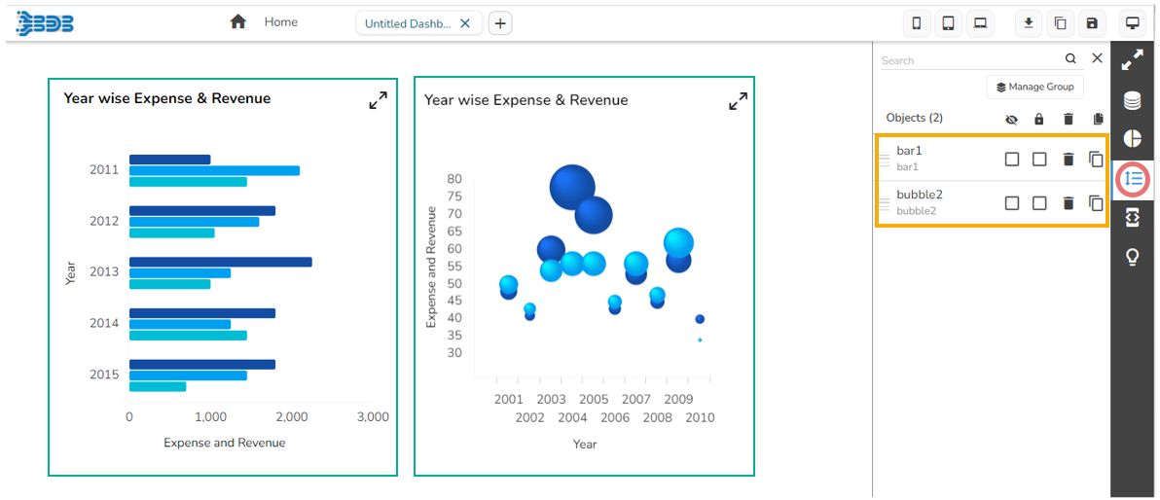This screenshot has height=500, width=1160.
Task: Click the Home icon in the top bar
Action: click(237, 21)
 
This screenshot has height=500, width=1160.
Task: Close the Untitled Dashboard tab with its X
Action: click(465, 23)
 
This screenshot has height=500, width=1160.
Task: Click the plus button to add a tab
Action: click(499, 23)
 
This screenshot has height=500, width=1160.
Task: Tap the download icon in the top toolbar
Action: click(1029, 23)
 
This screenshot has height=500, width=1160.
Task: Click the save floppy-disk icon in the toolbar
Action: click(1091, 23)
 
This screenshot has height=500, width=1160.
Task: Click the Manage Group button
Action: click(1034, 87)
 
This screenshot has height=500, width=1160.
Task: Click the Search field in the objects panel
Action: click(969, 60)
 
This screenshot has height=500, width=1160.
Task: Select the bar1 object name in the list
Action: click(909, 151)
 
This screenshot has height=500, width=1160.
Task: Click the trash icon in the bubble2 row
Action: click(1069, 203)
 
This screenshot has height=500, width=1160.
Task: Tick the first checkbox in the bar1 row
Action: click(1012, 159)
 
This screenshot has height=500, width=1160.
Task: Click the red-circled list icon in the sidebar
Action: click(1133, 179)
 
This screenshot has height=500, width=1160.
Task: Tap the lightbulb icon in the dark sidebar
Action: click(1133, 257)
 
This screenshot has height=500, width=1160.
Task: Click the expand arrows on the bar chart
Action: click(378, 100)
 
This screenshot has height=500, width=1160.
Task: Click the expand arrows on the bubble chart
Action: click(738, 101)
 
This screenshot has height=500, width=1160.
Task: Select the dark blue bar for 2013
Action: click(220, 262)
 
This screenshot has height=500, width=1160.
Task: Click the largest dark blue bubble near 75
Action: click(572, 188)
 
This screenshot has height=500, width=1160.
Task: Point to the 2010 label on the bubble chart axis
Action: click(700, 418)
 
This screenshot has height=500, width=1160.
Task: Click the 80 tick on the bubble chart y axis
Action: click(454, 179)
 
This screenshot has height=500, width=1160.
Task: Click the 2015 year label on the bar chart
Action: click(104, 375)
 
